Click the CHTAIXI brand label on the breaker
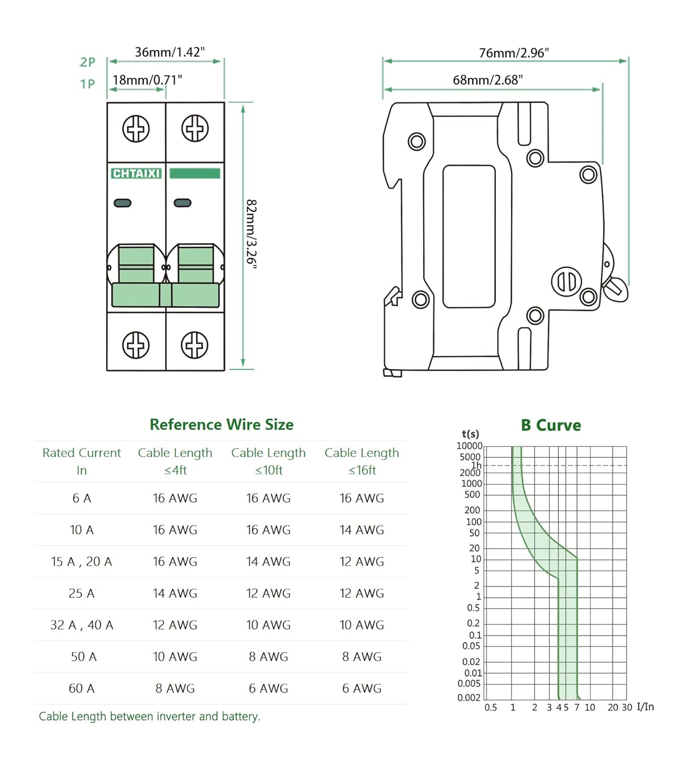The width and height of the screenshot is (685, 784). coord(136,174)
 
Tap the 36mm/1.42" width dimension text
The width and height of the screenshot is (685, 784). coord(169,52)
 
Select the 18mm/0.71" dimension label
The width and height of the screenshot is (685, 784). coord(147,80)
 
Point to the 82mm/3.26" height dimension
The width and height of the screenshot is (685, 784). coord(251,234)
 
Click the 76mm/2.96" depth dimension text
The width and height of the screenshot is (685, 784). coord(514,53)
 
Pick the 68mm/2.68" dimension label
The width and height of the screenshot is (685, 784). coord(487,80)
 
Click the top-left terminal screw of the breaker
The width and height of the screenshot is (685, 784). coord(136,129)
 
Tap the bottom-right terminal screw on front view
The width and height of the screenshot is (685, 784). coord(195,345)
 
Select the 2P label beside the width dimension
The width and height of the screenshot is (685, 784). coord(87,62)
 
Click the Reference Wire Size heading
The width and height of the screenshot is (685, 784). coord(222,424)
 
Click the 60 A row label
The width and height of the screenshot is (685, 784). coord(82,688)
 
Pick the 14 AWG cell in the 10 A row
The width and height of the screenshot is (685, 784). coord(362,530)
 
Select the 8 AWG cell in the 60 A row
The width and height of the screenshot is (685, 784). coord(175,688)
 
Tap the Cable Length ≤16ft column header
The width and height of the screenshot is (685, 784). coord(362,461)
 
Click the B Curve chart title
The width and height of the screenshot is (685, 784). coord(551,425)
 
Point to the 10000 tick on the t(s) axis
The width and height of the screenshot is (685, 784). coord(469,446)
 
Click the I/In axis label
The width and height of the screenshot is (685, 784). coord(645,707)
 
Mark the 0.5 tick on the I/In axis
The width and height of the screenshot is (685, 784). coord(491,708)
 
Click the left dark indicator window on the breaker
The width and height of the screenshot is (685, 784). coord(123,203)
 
